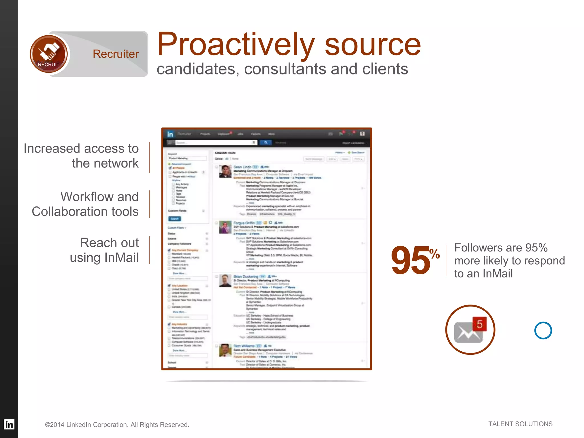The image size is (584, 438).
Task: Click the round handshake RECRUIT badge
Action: [49, 54]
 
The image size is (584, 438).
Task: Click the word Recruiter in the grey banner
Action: [115, 54]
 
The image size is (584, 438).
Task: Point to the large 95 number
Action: [410, 260]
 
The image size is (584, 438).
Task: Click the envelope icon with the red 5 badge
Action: [470, 330]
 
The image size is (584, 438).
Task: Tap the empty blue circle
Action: [543, 330]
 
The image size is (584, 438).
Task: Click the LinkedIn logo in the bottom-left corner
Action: [9, 424]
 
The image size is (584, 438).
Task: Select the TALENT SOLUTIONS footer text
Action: [520, 424]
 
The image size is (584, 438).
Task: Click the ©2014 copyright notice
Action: [117, 425]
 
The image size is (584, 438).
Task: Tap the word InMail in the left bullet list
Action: [121, 257]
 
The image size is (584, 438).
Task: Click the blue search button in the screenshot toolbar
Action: [265, 143]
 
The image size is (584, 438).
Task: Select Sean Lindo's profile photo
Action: [225, 171]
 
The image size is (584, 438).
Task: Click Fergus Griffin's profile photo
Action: [225, 228]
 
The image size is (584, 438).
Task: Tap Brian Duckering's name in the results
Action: [246, 276]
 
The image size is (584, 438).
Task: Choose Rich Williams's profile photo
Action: [225, 350]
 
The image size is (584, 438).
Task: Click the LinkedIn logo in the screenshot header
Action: [170, 134]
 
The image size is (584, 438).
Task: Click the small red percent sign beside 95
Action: [435, 253]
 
